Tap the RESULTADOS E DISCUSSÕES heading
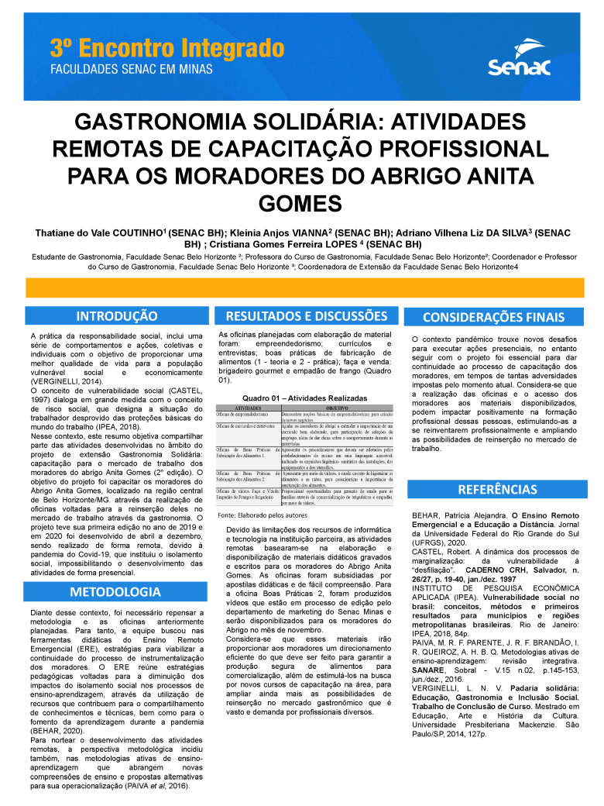point(306,315)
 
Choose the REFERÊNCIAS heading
point(496,490)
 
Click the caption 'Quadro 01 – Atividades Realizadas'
point(304,398)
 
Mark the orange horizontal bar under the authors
point(302,288)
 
